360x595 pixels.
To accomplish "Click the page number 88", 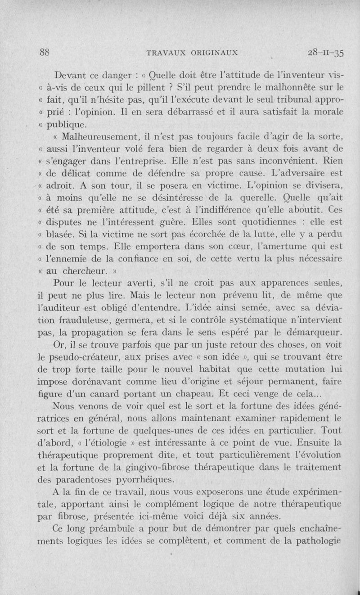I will coord(44,52).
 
